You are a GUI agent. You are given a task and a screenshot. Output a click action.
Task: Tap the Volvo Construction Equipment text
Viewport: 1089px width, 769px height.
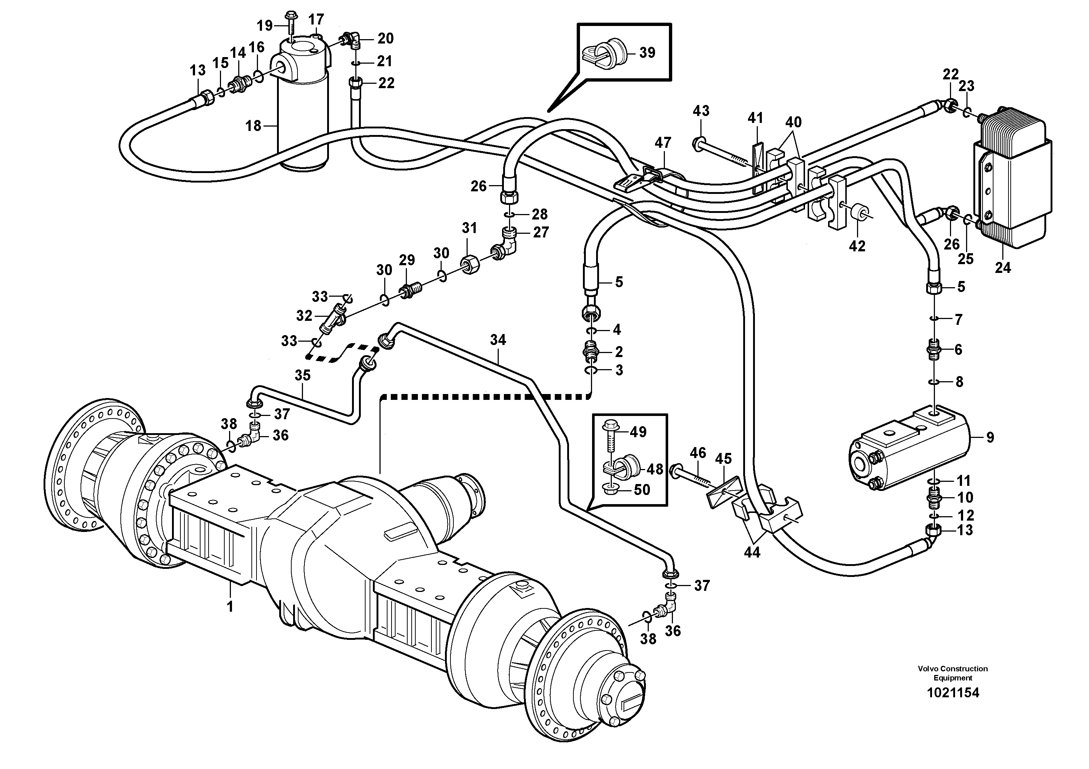point(953,673)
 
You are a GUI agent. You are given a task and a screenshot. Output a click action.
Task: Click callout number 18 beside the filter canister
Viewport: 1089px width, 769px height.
point(253,126)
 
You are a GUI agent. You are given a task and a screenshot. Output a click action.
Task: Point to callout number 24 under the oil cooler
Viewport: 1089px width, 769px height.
point(1003,268)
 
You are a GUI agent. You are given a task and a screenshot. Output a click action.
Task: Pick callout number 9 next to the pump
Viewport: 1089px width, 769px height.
point(990,437)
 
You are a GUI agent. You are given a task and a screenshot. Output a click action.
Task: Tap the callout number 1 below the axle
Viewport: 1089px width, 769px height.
point(230,606)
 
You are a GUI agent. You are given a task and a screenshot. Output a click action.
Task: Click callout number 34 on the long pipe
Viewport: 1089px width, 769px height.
point(498,340)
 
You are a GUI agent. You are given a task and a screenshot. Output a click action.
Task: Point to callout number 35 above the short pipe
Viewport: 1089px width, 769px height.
point(302,375)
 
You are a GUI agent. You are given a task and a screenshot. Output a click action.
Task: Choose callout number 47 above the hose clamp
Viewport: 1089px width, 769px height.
point(663,142)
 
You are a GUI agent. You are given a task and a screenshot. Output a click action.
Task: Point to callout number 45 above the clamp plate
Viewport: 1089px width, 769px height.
point(723,458)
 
